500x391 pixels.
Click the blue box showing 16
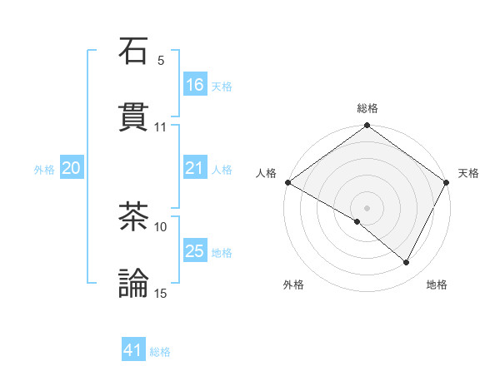194,85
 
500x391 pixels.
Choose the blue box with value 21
194,168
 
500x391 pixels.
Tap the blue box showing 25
194,251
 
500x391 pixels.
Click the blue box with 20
71,168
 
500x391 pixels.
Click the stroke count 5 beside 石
161,61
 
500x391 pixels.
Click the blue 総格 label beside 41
160,352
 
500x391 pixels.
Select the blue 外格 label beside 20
44,170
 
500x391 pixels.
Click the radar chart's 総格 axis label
367,108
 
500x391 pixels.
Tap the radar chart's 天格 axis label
468,173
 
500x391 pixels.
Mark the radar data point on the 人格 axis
287,182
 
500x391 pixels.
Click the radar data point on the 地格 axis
407,263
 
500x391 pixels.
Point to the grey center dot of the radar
367,207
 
